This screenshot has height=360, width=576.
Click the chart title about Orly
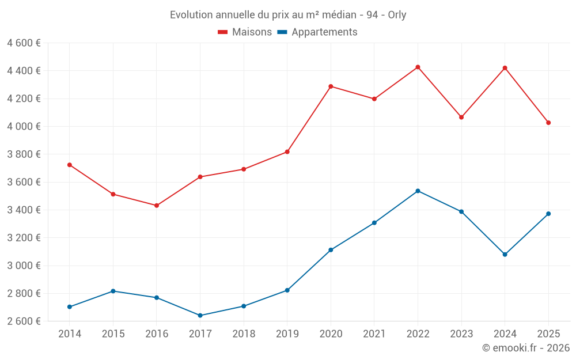coord(288,15)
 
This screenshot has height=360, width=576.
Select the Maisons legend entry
coord(245,32)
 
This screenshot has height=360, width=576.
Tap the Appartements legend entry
coord(317,32)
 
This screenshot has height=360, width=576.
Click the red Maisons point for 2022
coord(418,67)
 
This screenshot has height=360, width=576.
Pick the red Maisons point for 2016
coord(157,206)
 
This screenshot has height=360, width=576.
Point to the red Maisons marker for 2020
coord(331,87)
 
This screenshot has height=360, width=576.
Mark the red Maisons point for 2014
coord(70,165)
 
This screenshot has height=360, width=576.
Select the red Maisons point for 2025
coord(548,123)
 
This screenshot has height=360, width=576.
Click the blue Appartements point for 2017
coord(200,316)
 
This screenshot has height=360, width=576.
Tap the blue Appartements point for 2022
coord(418,191)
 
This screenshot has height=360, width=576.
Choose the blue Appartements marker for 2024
coord(505,255)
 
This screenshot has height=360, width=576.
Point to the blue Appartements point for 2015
coord(113,291)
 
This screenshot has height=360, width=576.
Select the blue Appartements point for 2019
coord(287,290)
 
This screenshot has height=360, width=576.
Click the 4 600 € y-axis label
coord(24,43)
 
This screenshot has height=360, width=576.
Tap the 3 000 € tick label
coord(24,266)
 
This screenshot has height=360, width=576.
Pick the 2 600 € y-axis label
coord(24,321)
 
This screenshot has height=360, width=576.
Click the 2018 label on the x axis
coord(244,334)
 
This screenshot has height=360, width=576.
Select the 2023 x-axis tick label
coord(461,334)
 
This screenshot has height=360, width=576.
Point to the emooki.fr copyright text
coord(526,348)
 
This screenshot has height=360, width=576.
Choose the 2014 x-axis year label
coord(70,334)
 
